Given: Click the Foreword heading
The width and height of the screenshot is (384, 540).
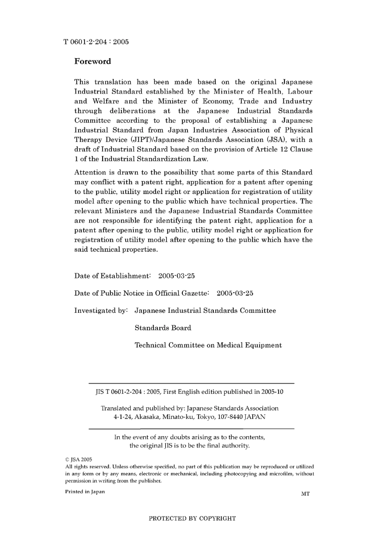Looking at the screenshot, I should pyautogui.click(x=92, y=61).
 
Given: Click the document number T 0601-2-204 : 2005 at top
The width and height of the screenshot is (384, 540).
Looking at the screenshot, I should pyautogui.click(x=96, y=42).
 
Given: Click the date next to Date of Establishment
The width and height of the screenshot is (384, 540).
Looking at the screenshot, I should pyautogui.click(x=176, y=276).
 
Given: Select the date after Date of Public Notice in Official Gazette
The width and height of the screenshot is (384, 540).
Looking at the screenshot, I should pyautogui.click(x=235, y=293).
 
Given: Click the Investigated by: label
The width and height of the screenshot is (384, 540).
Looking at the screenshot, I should pyautogui.click(x=101, y=311).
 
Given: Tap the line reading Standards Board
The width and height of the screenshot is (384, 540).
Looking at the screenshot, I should pyautogui.click(x=163, y=328).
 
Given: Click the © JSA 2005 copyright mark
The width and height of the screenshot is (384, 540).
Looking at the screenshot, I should pyautogui.click(x=79, y=460).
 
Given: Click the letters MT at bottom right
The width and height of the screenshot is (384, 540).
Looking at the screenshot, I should pyautogui.click(x=305, y=494).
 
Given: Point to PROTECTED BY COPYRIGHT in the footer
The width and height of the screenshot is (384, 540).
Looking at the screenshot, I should pyautogui.click(x=192, y=519).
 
